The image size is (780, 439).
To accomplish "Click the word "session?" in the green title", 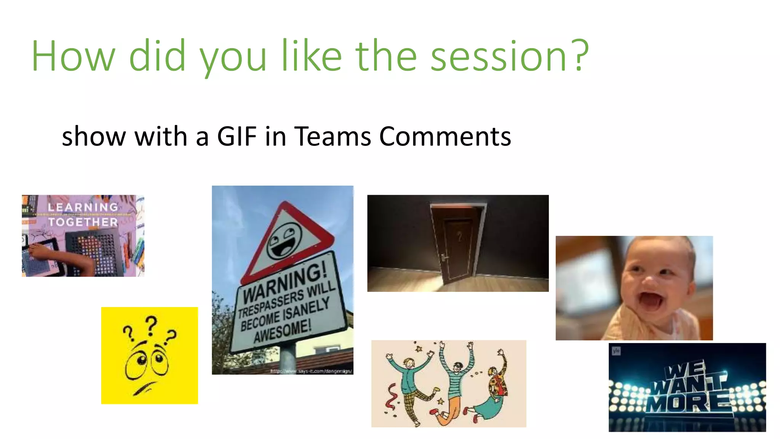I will (x=510, y=56).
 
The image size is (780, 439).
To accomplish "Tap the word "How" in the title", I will (x=73, y=56).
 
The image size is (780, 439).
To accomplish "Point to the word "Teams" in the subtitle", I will (x=332, y=136).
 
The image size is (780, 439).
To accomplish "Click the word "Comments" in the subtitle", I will (x=445, y=136).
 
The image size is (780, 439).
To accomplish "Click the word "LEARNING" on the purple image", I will (x=83, y=207).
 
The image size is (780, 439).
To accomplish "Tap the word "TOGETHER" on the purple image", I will (x=83, y=222).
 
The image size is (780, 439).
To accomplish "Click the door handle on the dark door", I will (x=444, y=258).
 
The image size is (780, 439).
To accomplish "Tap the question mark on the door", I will (x=460, y=237).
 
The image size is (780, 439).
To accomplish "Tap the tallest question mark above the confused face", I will (x=151, y=325).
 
